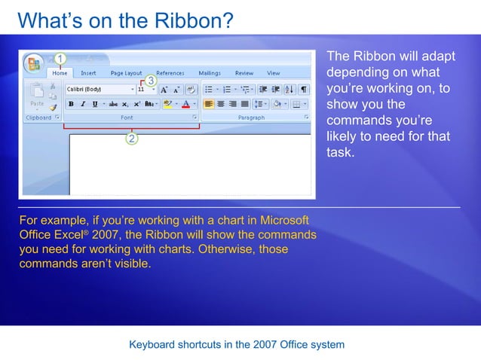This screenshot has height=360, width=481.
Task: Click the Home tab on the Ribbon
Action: point(60,73)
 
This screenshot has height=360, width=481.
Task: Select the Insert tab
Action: point(88,73)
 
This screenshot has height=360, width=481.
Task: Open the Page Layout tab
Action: point(126,73)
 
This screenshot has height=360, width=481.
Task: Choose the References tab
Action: point(170,73)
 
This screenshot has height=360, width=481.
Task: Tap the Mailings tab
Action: point(210,73)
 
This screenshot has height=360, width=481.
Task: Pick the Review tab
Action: point(244,73)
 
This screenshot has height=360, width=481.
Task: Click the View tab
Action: point(273,73)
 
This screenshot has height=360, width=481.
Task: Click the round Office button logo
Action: point(33,63)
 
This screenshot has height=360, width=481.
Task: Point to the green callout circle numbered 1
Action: point(60,58)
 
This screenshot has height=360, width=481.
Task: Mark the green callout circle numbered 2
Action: point(132,139)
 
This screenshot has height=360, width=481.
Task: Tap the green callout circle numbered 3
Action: point(151,80)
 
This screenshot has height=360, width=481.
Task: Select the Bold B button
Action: point(70,104)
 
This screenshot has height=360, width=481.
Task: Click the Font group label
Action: point(127,117)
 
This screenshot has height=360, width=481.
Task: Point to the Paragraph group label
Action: point(251,117)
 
